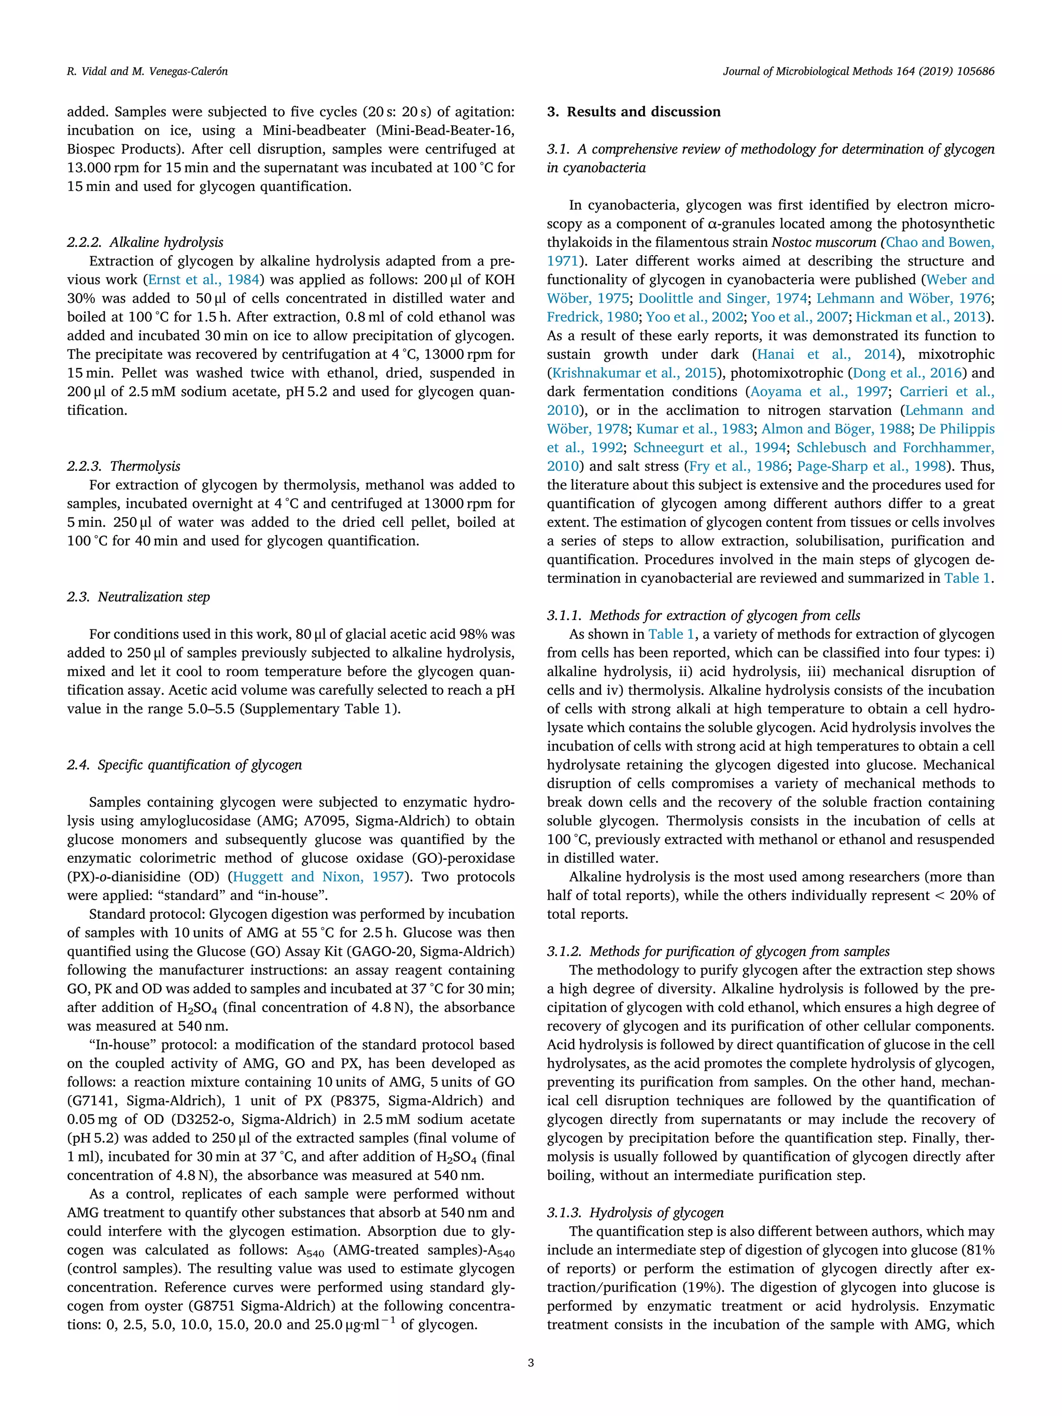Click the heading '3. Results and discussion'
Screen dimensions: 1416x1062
633,111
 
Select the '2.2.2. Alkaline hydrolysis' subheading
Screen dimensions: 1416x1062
145,242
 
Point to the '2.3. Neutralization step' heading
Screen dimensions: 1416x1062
138,597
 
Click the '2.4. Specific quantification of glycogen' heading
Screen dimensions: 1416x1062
185,765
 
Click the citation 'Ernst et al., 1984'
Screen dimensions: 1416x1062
204,280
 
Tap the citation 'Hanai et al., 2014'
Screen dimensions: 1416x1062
826,355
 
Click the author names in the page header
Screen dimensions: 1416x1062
147,71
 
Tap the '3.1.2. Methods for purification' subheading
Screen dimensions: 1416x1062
718,951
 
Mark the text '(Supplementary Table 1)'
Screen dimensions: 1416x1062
319,709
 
